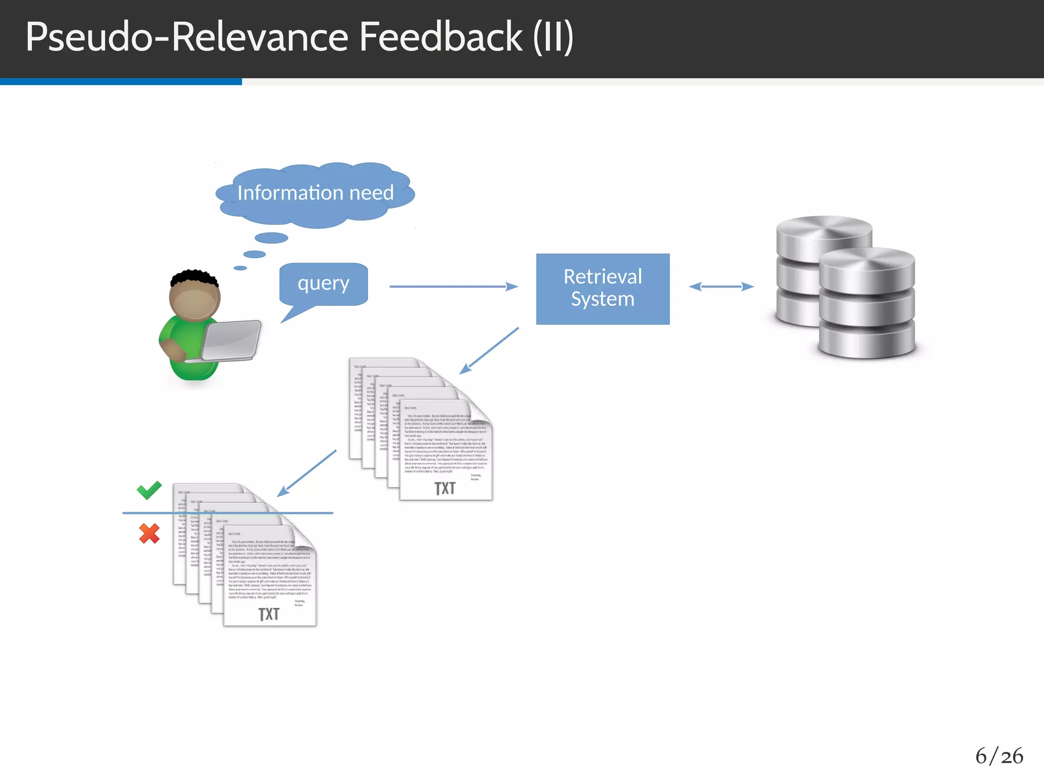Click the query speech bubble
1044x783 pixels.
323,283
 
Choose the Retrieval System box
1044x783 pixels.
603,289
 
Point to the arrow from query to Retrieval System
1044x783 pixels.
453,286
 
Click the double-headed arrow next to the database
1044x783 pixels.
721,286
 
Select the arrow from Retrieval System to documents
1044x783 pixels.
489,351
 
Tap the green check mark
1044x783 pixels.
149,490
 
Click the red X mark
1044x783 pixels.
149,534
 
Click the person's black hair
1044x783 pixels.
194,278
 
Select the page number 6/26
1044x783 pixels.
999,756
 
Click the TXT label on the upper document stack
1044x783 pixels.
445,488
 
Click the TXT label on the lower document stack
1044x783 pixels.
269,614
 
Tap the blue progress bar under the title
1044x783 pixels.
121,82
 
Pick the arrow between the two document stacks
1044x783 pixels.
307,473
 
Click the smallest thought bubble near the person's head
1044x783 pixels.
240,268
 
